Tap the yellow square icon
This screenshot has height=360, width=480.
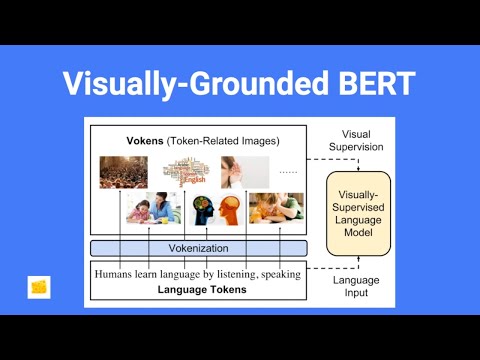(x=40, y=287)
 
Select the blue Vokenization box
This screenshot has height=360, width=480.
(x=197, y=247)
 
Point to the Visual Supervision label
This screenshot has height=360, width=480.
(x=362, y=140)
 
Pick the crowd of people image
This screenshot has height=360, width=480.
(x=123, y=171)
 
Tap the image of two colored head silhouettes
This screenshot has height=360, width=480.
(x=213, y=208)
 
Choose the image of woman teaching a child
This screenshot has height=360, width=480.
(x=151, y=208)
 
